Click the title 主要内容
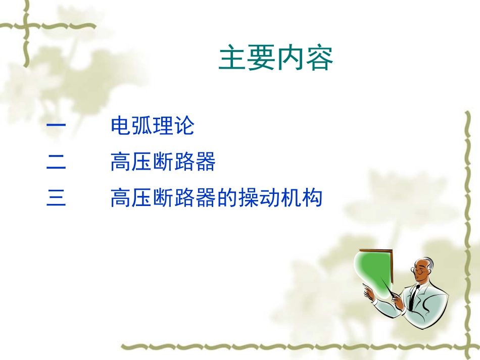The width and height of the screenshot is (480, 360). pos(276,60)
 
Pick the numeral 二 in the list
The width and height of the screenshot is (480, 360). pos(56,163)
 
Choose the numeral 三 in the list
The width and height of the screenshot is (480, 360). pos(56,198)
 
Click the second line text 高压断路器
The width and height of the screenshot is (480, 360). pos(163,163)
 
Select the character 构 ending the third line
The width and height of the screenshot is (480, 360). pos(312,198)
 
